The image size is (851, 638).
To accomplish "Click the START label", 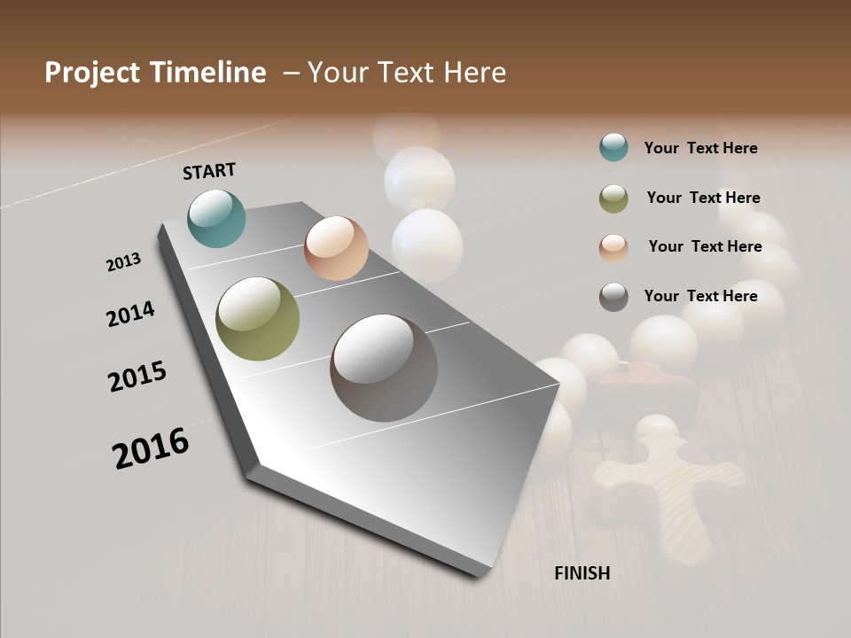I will [x=209, y=171].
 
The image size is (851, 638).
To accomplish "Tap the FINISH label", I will [x=582, y=573].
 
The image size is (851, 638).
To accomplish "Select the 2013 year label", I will [x=124, y=261].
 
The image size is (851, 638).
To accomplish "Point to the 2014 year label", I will [x=131, y=314].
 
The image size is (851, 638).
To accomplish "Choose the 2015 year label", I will [x=137, y=377].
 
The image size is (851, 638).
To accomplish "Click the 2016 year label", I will [x=151, y=447].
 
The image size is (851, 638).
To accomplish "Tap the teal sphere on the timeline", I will [x=216, y=218].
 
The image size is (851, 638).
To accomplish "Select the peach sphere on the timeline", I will [x=336, y=248].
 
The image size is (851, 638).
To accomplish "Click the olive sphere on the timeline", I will [x=257, y=319].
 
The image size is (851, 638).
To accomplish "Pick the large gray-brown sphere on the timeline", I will [x=384, y=368].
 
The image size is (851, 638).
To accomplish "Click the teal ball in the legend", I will [x=613, y=147].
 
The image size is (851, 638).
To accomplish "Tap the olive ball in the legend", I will [x=613, y=198].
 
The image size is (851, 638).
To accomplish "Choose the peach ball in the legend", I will [x=613, y=248].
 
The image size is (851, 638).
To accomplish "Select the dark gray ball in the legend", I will [x=613, y=297].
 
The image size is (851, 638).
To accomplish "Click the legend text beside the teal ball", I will [x=700, y=148].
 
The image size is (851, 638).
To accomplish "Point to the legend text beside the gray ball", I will [x=700, y=296].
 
